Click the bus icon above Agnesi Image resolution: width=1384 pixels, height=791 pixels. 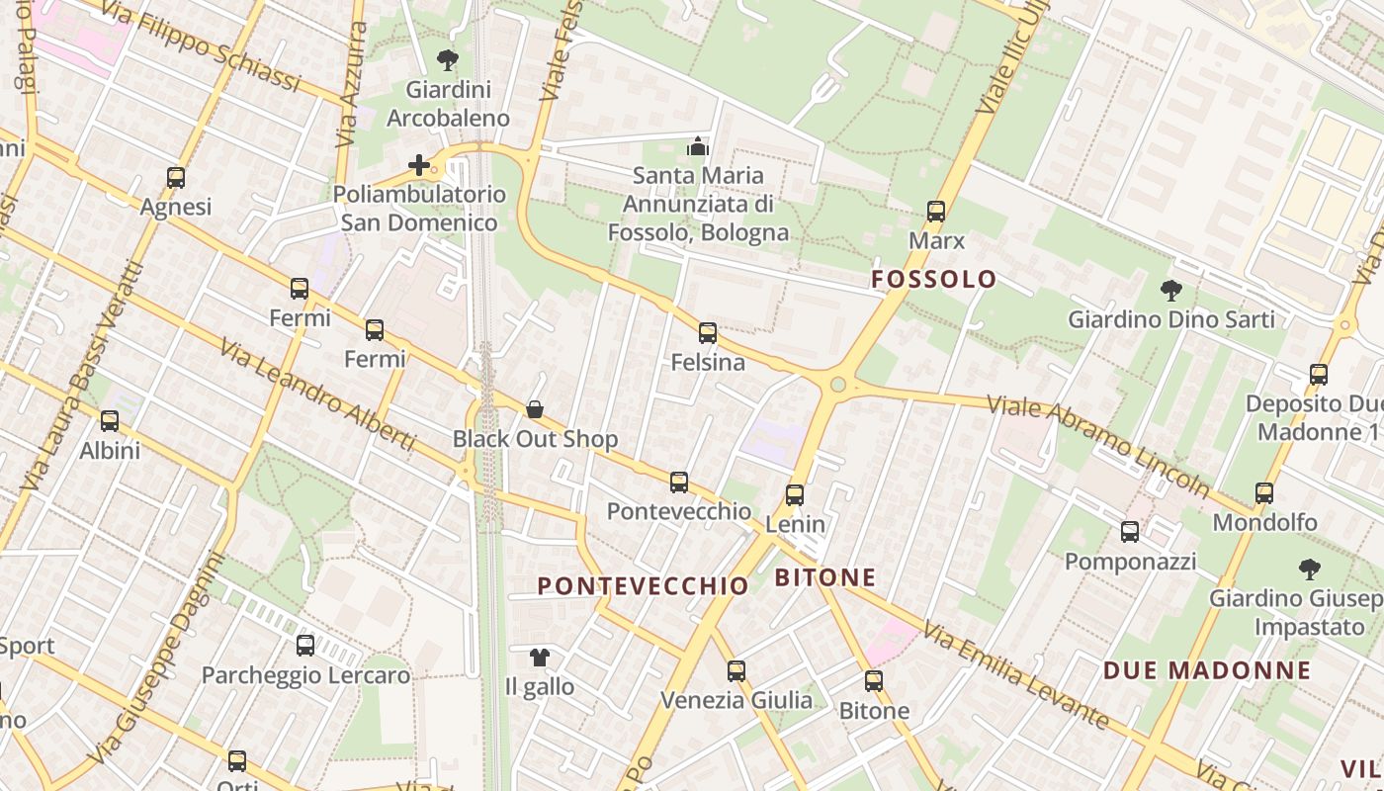[x=176, y=178]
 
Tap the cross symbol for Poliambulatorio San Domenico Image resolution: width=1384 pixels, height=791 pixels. [x=419, y=165]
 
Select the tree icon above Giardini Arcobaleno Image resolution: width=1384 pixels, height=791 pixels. [x=448, y=60]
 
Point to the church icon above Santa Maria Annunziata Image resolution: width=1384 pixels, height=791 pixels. [x=698, y=146]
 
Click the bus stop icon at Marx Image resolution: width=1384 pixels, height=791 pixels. [x=935, y=212]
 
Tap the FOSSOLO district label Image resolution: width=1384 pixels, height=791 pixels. [x=933, y=280]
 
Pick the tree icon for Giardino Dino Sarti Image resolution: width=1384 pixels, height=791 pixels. [x=1170, y=291]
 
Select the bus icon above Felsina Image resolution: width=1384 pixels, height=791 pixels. [x=708, y=333]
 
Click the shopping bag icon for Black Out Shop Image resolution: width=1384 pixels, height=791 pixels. [x=535, y=409]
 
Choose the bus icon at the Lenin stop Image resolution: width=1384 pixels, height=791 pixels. [x=795, y=495]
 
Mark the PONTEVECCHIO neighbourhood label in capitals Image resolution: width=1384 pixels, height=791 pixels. [x=643, y=586]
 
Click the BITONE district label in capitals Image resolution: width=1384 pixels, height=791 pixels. [x=825, y=577]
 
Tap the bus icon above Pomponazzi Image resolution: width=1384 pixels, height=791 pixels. [x=1130, y=532]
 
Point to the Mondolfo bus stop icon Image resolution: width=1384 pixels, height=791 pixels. [x=1263, y=492]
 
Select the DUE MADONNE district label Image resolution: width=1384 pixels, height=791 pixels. [x=1206, y=670]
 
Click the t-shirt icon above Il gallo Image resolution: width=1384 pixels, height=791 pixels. [x=539, y=657]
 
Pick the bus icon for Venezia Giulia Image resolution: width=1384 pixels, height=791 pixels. [x=736, y=671]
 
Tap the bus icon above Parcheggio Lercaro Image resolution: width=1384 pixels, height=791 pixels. [x=305, y=646]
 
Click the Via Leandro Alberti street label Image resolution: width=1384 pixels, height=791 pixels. [x=316, y=395]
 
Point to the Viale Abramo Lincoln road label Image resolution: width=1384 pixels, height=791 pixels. [x=1098, y=445]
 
